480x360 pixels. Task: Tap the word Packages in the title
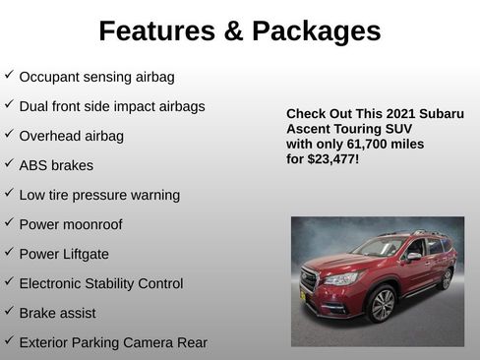pyautogui.click(x=317, y=31)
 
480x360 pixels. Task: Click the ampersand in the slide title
pyautogui.click(x=233, y=31)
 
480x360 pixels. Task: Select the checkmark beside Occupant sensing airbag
pyautogui.click(x=9, y=75)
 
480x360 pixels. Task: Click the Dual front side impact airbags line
pyautogui.click(x=112, y=106)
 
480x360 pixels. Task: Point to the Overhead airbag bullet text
pyautogui.click(x=71, y=136)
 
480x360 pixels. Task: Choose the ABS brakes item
pyautogui.click(x=57, y=165)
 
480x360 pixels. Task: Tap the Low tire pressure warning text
pyautogui.click(x=99, y=195)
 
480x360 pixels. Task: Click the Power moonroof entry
pyautogui.click(x=71, y=224)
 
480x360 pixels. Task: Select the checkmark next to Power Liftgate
pyautogui.click(x=9, y=252)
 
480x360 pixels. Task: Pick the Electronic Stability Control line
pyautogui.click(x=100, y=283)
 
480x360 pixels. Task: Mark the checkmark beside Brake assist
pyautogui.click(x=9, y=311)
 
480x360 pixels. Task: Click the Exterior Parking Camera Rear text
pyautogui.click(x=113, y=342)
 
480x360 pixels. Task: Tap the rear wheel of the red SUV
pyautogui.click(x=446, y=279)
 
